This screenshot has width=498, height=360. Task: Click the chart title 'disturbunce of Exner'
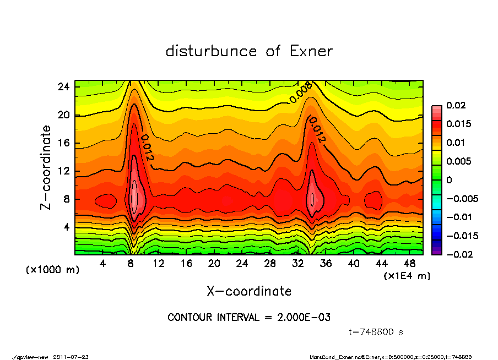249,51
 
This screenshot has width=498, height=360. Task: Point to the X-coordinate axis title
249,291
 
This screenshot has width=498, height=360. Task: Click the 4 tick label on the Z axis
66,227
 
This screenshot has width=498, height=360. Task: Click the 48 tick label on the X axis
409,263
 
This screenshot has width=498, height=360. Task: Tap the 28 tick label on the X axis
269,263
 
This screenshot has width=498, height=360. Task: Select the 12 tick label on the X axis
158,263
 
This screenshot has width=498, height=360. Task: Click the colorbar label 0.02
457,105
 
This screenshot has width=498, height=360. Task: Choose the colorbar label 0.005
458,161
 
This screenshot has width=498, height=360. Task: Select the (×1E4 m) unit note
407,275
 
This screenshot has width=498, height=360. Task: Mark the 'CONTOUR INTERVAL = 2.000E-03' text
249,317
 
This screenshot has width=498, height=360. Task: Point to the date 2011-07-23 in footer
71,357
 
